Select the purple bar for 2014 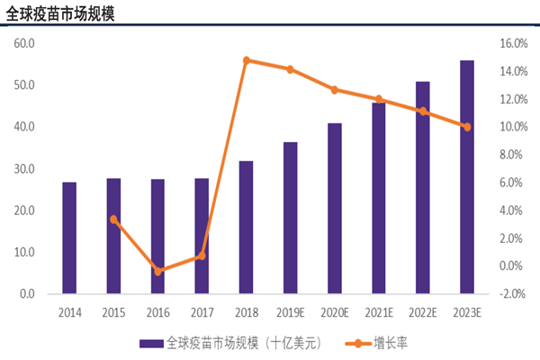69,238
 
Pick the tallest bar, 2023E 466,177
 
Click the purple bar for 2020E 334,209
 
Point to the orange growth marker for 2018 246,60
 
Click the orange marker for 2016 157,271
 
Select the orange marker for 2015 113,219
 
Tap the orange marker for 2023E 466,127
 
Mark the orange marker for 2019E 290,69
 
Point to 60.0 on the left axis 23,43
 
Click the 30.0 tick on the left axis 23,169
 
